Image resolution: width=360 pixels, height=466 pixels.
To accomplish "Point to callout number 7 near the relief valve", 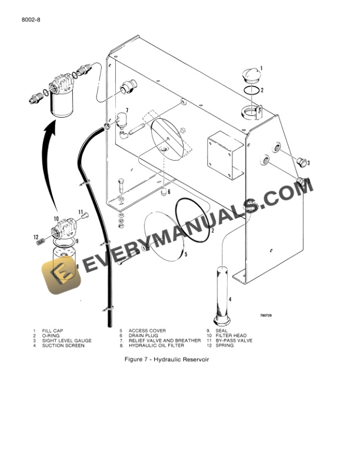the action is pyautogui.click(x=127, y=110).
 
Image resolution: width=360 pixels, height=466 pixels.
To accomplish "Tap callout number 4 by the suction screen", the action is pyautogui.click(x=230, y=299).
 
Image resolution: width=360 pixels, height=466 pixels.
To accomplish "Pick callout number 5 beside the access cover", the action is pyautogui.click(x=186, y=255).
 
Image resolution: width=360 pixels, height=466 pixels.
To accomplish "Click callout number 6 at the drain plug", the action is pyautogui.click(x=169, y=192).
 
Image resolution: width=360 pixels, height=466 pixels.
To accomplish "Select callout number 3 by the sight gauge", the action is pyautogui.click(x=308, y=163).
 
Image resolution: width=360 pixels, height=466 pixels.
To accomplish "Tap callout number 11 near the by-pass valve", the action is pyautogui.click(x=81, y=212).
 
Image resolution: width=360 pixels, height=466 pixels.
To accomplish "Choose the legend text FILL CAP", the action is pyautogui.click(x=52, y=331).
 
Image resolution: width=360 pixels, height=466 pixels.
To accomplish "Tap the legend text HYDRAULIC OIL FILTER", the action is pyautogui.click(x=156, y=345).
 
